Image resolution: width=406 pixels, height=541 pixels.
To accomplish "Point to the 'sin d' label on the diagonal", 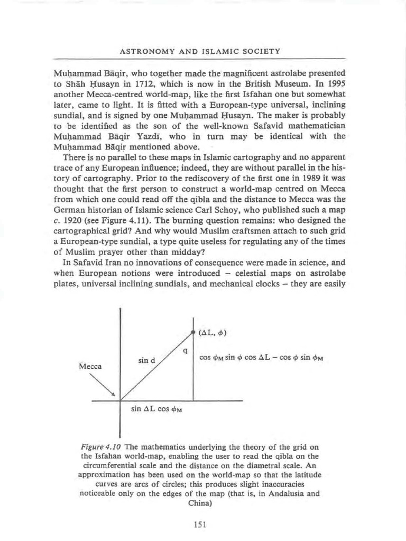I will [146, 361].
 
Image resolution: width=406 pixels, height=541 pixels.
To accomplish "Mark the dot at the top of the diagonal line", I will [193, 332].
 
